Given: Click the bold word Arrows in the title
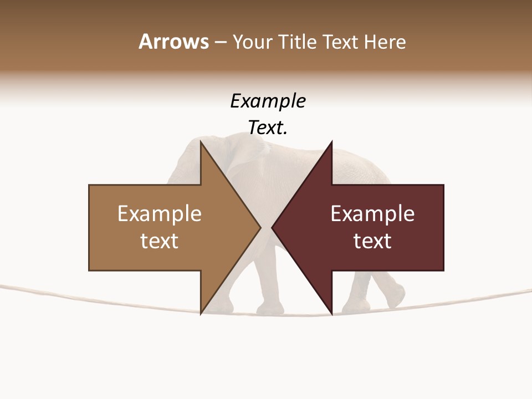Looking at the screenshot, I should (173, 42).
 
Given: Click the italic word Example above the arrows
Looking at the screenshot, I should (268, 101).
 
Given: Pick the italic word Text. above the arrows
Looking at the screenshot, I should (268, 128).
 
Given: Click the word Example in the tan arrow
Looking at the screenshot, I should (160, 214).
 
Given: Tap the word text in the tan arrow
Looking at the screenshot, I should (160, 241).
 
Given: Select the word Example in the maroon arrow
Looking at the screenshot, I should (372, 214).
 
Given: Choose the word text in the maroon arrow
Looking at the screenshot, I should (372, 241).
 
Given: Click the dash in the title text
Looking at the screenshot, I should (220, 42).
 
